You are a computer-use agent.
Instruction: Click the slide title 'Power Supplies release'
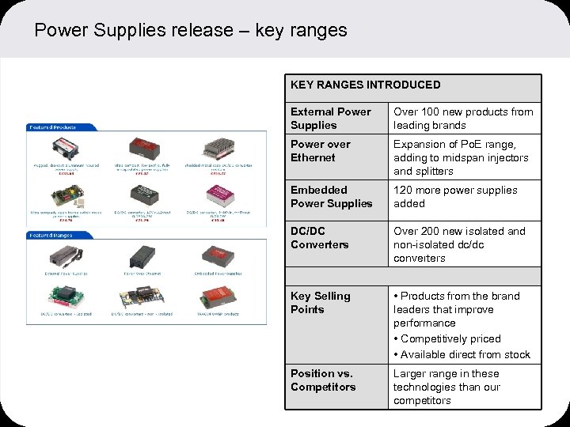[191, 31]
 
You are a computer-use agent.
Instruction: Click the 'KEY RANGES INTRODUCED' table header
[365, 85]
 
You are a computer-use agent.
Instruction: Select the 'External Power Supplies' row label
[330, 119]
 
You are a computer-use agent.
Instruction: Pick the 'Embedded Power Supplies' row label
[331, 197]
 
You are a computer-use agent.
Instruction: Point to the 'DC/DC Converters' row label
[319, 238]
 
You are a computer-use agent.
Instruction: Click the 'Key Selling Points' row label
[320, 303]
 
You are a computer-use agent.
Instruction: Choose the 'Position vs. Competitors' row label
[323, 380]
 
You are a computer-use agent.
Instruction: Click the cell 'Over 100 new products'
[463, 119]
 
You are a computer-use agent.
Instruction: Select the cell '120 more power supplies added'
[455, 197]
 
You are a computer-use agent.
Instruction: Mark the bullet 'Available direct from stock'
[465, 354]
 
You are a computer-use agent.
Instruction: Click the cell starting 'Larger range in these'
[446, 387]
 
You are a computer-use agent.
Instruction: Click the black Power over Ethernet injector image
[140, 255]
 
